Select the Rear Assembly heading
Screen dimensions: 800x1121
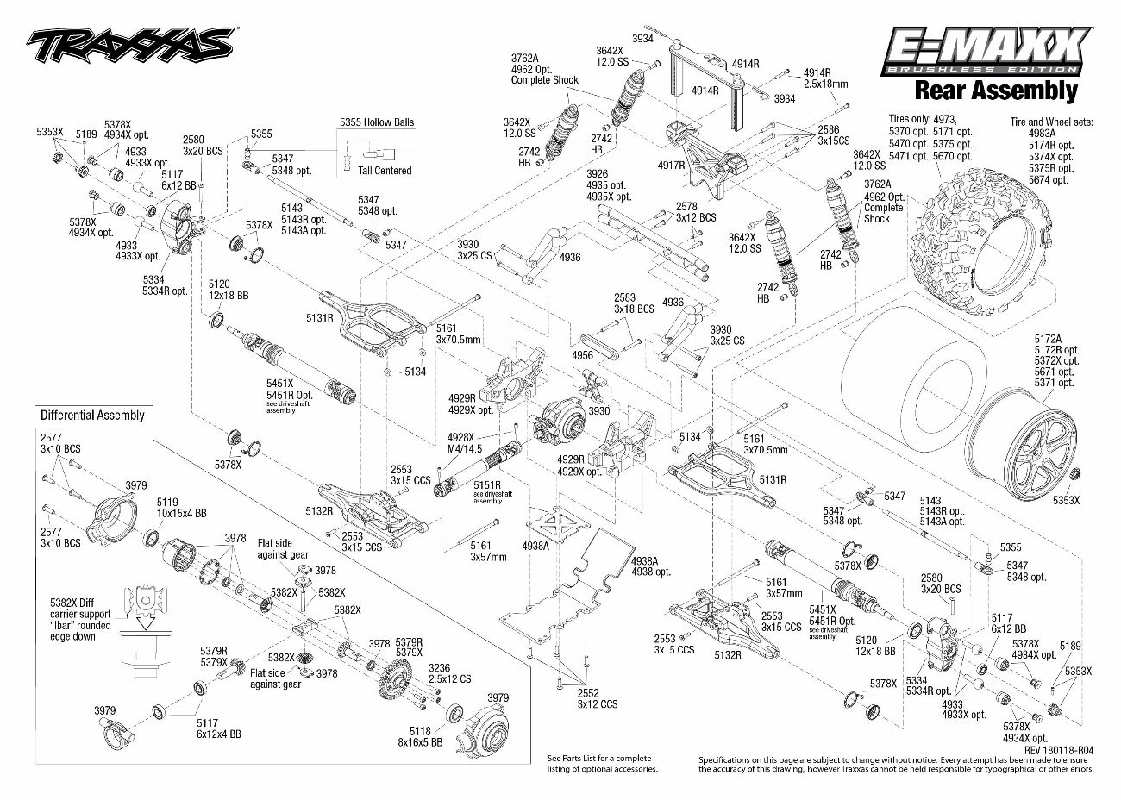(995, 90)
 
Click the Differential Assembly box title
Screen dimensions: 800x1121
(92, 416)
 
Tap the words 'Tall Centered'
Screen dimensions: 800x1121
(385, 171)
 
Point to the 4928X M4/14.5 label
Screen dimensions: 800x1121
(465, 444)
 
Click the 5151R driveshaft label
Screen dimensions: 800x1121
(482, 487)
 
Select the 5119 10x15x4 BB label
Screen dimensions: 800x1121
(182, 507)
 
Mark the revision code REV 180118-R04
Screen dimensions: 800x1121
(1059, 750)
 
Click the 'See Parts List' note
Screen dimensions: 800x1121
(602, 763)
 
